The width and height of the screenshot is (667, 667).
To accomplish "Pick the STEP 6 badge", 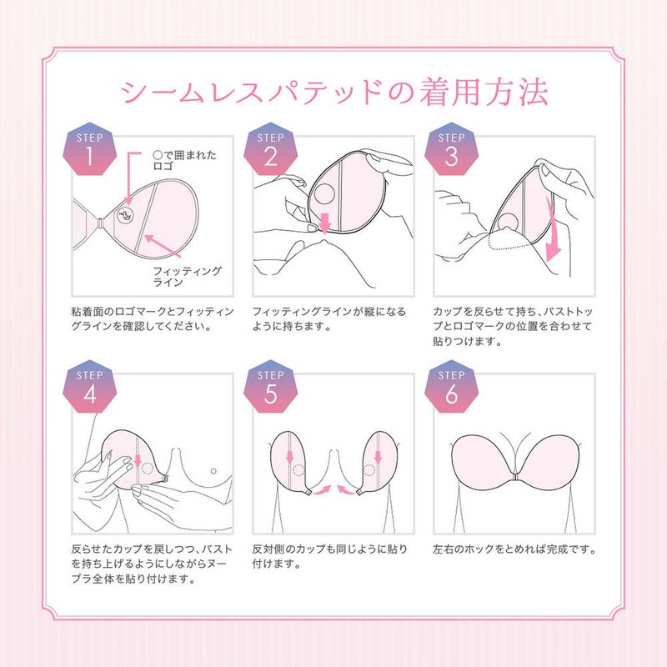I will [x=451, y=388].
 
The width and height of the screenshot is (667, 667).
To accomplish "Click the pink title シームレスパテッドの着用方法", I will [x=333, y=93].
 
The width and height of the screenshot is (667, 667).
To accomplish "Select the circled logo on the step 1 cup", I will [x=126, y=214].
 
